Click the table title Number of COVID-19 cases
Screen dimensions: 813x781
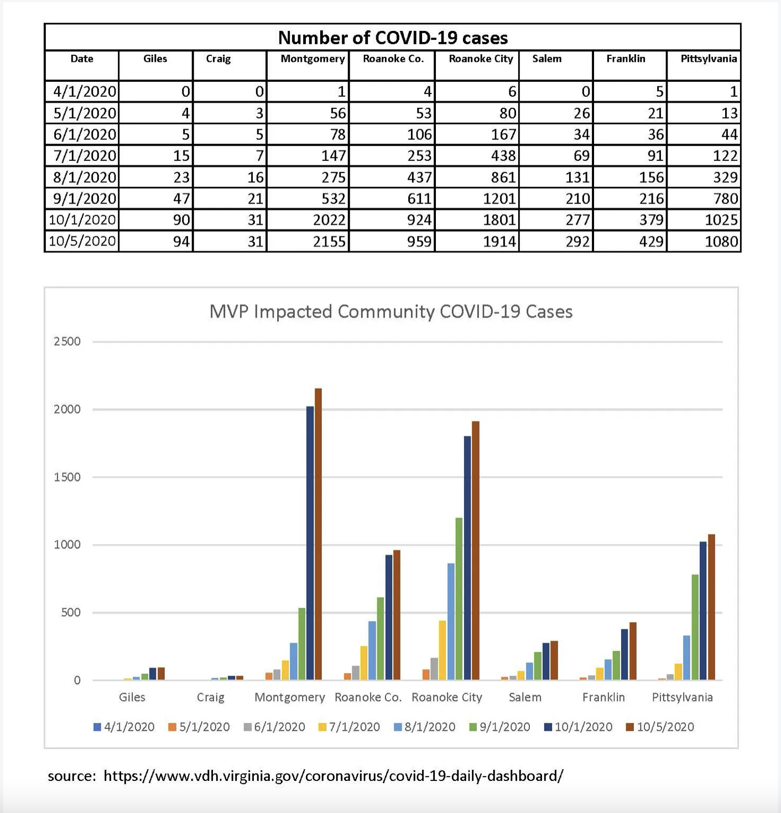tap(393, 38)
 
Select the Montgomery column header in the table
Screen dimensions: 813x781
tap(313, 59)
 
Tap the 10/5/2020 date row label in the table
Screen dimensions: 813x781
tap(82, 242)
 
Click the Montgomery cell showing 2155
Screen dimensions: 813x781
tap(329, 242)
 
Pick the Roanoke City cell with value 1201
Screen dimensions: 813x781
tap(499, 199)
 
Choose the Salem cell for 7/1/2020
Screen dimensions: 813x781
tap(581, 156)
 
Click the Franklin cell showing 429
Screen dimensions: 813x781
tap(651, 242)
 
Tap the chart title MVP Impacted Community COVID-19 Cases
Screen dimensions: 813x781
tap(390, 311)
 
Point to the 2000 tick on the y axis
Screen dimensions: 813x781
tap(67, 409)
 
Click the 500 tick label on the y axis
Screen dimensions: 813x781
tap(67, 612)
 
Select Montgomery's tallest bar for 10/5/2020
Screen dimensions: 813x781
tap(318, 534)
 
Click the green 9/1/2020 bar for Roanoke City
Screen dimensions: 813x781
tap(459, 598)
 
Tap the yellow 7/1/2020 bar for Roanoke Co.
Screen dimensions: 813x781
tap(363, 663)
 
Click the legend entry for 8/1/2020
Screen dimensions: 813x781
tap(424, 727)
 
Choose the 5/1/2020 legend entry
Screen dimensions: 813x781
tap(199, 727)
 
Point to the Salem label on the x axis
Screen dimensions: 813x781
tap(525, 697)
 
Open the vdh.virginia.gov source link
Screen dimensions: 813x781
tap(334, 775)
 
